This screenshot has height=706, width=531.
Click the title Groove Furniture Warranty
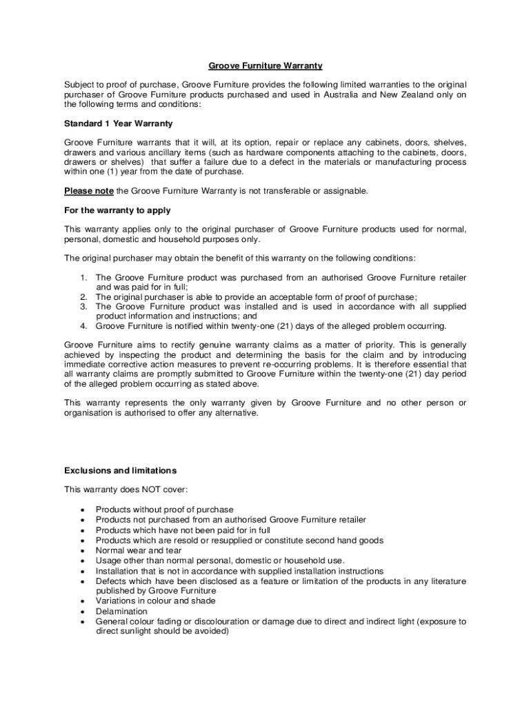tap(265, 66)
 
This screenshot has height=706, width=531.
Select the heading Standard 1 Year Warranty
tap(118, 123)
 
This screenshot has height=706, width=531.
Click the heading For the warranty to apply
tap(117, 210)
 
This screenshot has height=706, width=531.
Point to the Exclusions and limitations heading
tap(120, 470)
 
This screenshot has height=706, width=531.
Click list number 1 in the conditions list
tap(83, 277)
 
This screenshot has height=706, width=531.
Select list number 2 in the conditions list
tap(83, 296)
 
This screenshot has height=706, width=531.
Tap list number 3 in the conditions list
tap(83, 306)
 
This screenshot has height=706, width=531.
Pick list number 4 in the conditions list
tap(83, 325)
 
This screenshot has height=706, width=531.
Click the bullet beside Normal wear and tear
tap(83, 551)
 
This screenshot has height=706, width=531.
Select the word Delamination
tap(121, 611)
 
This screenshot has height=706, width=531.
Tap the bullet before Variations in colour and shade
tap(83, 601)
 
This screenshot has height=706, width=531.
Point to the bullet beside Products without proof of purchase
tap(83, 510)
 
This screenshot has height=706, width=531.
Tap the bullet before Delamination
tap(83, 612)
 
